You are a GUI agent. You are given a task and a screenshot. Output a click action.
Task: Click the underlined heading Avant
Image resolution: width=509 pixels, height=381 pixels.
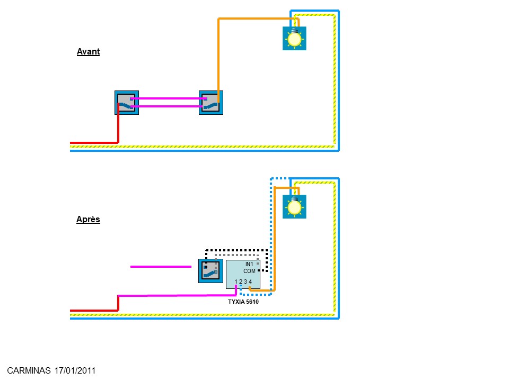tap(88, 52)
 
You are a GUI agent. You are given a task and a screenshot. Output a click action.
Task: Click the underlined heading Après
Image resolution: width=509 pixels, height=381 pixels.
tap(88, 220)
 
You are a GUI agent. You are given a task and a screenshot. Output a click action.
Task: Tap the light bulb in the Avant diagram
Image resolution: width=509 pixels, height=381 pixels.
tap(294, 39)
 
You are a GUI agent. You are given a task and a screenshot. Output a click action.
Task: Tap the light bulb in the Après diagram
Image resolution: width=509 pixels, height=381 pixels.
tap(294, 207)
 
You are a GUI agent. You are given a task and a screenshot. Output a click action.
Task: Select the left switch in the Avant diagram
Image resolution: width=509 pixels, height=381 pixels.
tap(126, 103)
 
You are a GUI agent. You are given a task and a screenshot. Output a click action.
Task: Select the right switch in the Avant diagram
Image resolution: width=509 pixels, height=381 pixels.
tap(211, 103)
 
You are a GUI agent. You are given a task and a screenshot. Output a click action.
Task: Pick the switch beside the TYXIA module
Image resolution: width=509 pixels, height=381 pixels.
tap(210, 271)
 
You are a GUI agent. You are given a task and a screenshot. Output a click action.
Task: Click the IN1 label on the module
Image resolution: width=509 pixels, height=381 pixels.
tap(249, 264)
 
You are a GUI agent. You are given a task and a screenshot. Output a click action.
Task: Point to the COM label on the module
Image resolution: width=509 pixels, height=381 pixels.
tap(249, 271)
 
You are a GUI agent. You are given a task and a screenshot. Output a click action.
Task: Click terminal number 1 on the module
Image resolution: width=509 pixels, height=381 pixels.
tap(236, 282)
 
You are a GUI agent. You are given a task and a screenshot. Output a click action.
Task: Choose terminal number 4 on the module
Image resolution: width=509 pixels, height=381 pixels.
tap(250, 282)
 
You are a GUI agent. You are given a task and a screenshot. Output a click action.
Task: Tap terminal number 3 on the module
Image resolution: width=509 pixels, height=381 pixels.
tap(245, 282)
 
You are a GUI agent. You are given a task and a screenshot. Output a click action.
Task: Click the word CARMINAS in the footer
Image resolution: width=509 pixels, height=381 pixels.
tap(29, 370)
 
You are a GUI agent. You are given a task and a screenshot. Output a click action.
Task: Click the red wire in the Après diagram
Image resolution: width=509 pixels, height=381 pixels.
tap(93, 311)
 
